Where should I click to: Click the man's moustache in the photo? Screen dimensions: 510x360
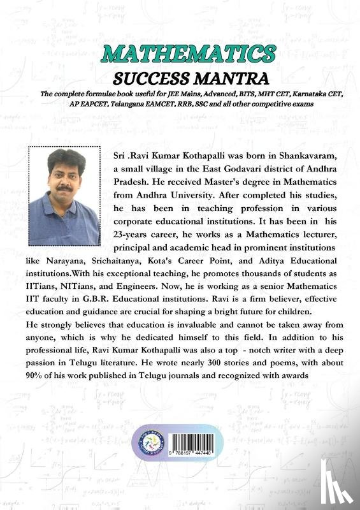tap(63, 189)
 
